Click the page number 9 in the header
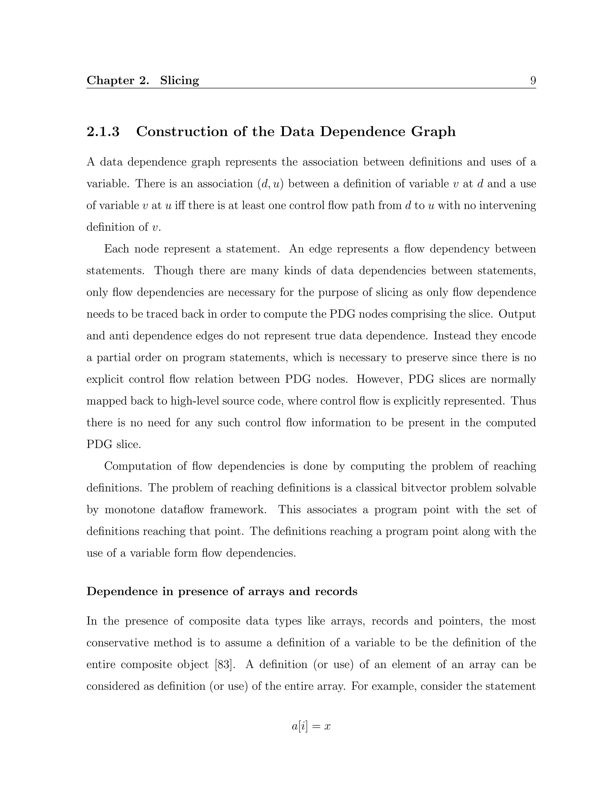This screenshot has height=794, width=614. [x=533, y=80]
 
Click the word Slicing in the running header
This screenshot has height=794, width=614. [x=180, y=80]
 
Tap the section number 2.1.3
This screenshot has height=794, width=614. [x=103, y=132]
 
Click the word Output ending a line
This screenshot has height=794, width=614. [x=517, y=314]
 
